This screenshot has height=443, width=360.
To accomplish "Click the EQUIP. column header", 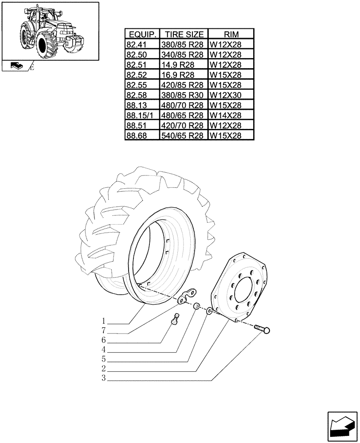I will (x=141, y=35).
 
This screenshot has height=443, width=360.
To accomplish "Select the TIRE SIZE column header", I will (x=184, y=35).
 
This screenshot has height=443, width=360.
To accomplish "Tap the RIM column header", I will (x=231, y=35).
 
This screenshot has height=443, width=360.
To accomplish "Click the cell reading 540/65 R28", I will (x=184, y=136).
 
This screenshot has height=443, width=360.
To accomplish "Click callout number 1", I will (x=103, y=320).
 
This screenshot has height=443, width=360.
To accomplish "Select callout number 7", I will (x=103, y=330).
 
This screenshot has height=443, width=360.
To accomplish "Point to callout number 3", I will (x=103, y=378).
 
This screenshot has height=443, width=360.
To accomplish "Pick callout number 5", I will (x=103, y=359).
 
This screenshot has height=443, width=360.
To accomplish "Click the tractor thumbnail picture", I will (x=50, y=31).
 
